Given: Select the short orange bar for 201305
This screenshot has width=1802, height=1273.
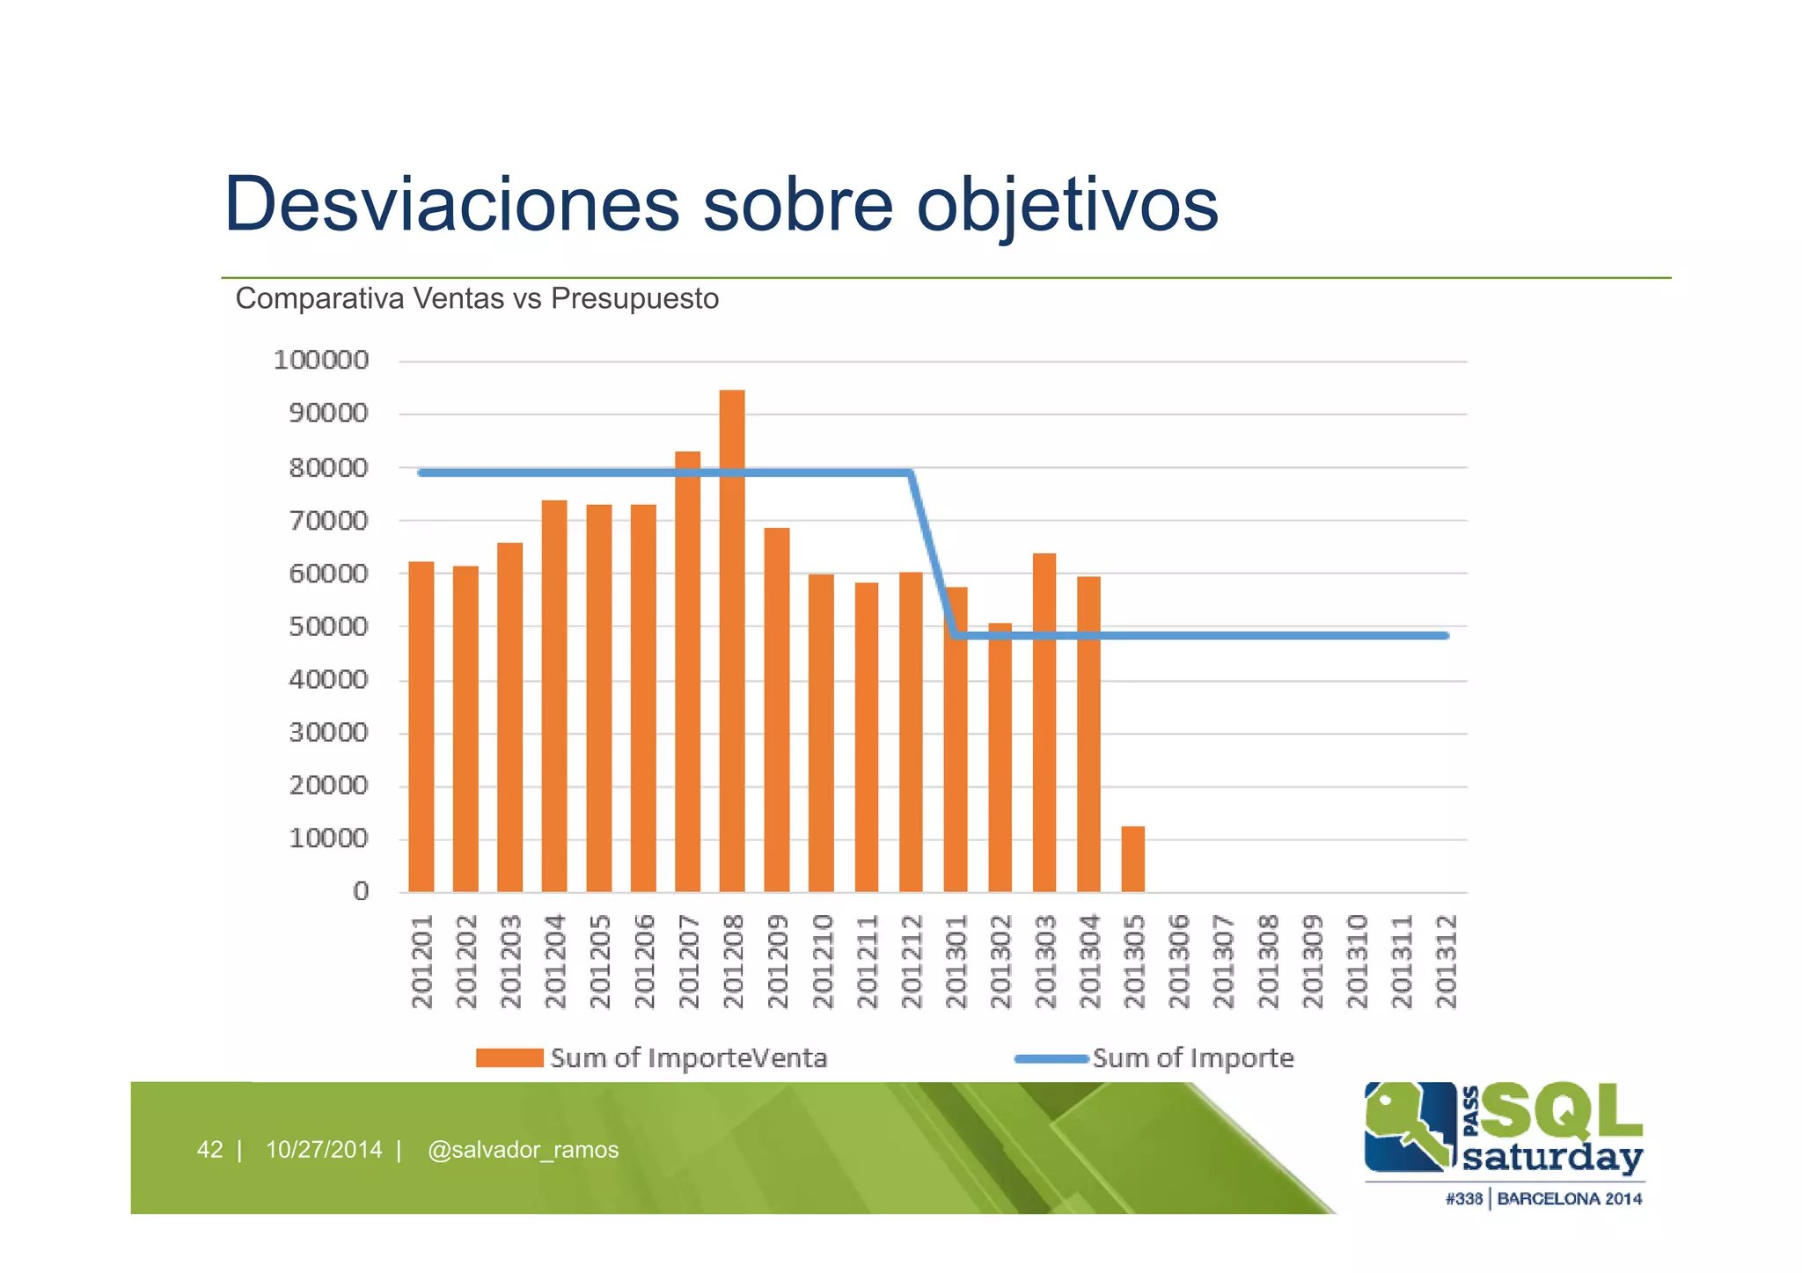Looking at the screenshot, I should coord(1132,859).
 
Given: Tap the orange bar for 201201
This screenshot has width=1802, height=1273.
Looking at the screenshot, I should coord(421,727).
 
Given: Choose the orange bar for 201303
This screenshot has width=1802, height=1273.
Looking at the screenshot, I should coord(1044,722).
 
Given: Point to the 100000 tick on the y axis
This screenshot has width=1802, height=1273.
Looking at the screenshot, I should coord(321,361).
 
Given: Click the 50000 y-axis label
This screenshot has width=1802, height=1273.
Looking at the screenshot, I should coord(328,627).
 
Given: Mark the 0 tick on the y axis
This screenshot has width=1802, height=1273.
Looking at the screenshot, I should coord(361,892).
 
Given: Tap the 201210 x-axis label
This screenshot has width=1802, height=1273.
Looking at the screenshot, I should coord(822,962).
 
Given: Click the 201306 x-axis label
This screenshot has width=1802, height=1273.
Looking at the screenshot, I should coord(1178,962).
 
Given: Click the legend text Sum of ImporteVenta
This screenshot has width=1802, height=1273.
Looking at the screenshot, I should coord(689,1058).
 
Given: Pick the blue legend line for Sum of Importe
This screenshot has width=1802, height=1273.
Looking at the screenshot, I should coord(1051,1058).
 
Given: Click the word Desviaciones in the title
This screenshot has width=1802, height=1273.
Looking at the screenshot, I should coord(451,204).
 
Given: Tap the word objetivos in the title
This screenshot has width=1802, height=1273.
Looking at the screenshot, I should coord(1067,206).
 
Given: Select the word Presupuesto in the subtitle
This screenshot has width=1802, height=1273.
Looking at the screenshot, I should coord(634,299).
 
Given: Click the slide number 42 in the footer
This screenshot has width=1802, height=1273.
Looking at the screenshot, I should coord(209,1150).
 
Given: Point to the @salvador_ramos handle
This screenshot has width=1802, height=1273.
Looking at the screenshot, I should coord(523,1150).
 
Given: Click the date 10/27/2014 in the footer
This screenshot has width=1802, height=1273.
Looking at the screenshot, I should coord(324,1150).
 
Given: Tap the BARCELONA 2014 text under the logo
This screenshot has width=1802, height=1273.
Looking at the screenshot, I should coord(1569,1199).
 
